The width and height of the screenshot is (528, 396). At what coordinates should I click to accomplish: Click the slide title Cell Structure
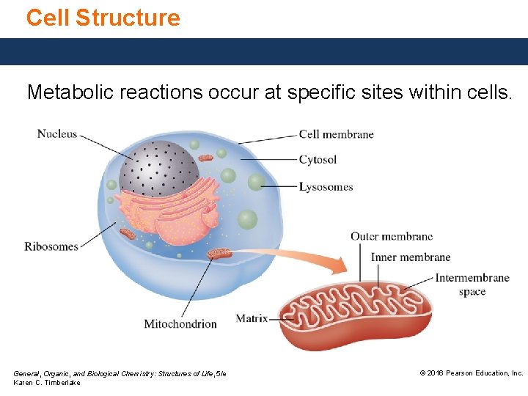pyautogui.click(x=103, y=18)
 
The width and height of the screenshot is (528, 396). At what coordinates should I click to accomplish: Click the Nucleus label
pyautogui.click(x=56, y=133)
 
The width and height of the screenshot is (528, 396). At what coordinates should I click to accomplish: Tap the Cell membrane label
pyautogui.click(x=336, y=134)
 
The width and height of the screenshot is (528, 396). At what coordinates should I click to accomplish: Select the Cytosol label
pyautogui.click(x=318, y=160)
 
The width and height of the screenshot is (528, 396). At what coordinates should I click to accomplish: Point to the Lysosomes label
pyautogui.click(x=326, y=187)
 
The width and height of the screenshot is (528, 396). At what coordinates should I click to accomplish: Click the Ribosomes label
pyautogui.click(x=51, y=246)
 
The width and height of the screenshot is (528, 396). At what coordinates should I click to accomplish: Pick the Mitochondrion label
pyautogui.click(x=180, y=323)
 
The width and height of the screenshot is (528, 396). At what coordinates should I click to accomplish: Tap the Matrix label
pyautogui.click(x=252, y=318)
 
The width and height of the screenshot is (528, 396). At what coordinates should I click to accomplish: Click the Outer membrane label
pyautogui.click(x=391, y=236)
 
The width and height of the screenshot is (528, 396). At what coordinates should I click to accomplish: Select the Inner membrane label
pyautogui.click(x=410, y=257)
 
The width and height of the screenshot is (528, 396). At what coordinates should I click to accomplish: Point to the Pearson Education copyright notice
pyautogui.click(x=471, y=373)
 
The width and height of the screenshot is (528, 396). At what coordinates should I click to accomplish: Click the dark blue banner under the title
pyautogui.click(x=264, y=51)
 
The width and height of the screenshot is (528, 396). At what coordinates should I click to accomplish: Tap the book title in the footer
pyautogui.click(x=120, y=374)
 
